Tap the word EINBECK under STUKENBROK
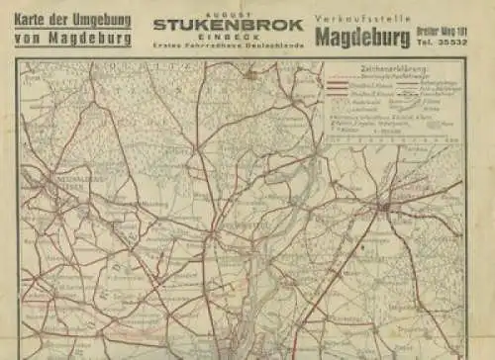click(227, 38)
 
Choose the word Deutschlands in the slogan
click(273, 47)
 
